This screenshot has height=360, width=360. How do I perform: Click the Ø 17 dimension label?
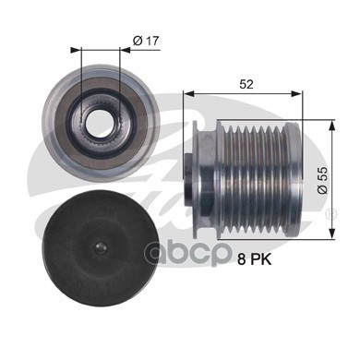[146, 41]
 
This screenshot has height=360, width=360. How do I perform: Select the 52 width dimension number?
[246, 84]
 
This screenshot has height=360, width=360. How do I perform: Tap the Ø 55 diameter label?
[322, 181]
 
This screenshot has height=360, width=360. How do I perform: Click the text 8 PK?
[255, 260]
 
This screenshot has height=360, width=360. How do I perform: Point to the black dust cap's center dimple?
[101, 247]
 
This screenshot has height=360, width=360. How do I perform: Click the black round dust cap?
[102, 248]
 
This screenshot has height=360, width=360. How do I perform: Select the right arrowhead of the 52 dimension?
[297, 93]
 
